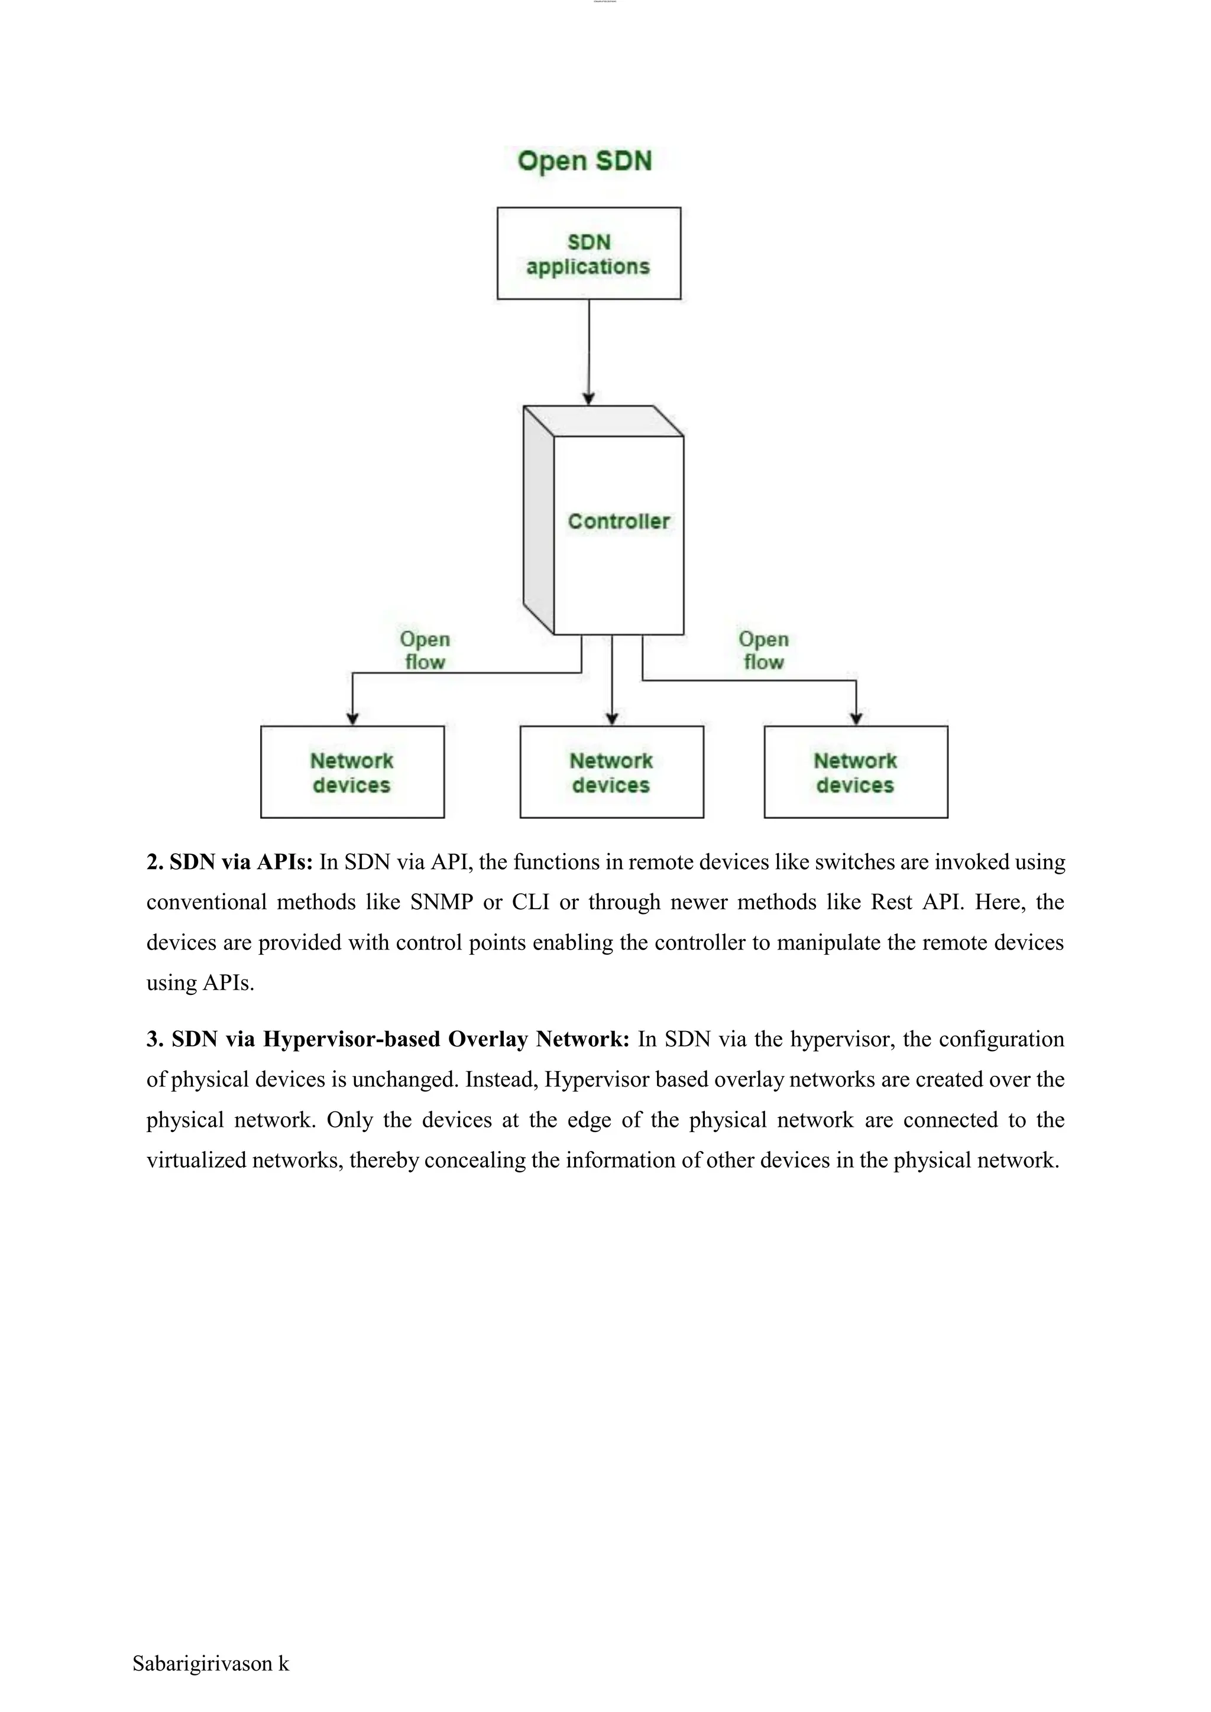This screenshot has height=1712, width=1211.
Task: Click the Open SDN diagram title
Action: [585, 161]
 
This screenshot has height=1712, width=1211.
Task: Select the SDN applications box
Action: [588, 254]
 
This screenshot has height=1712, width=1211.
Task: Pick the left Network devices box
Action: [352, 773]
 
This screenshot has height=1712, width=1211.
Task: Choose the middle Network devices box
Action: [611, 773]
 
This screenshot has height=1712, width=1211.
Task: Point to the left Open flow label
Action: [425, 650]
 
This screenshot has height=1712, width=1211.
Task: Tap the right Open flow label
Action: [763, 650]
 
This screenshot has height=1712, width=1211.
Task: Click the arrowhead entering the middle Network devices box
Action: [611, 718]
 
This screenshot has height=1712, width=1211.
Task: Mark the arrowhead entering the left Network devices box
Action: [352, 718]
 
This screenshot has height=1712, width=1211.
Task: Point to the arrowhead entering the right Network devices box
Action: [856, 718]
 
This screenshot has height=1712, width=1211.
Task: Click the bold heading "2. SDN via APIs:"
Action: [229, 862]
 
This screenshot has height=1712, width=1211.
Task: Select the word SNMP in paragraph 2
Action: [442, 902]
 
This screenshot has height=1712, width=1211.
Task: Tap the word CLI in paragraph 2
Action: [530, 902]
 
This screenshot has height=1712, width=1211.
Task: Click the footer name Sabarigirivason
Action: [202, 1663]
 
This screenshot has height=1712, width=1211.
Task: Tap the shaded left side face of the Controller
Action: [539, 522]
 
